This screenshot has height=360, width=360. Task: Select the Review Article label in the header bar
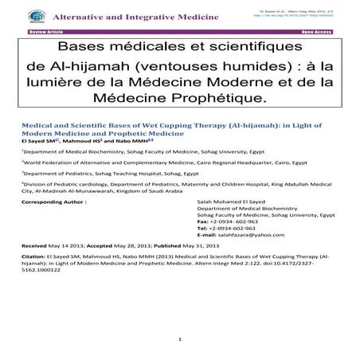45,30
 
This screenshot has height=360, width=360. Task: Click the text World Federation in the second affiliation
50,160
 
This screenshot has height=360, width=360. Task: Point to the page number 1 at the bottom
181,340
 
